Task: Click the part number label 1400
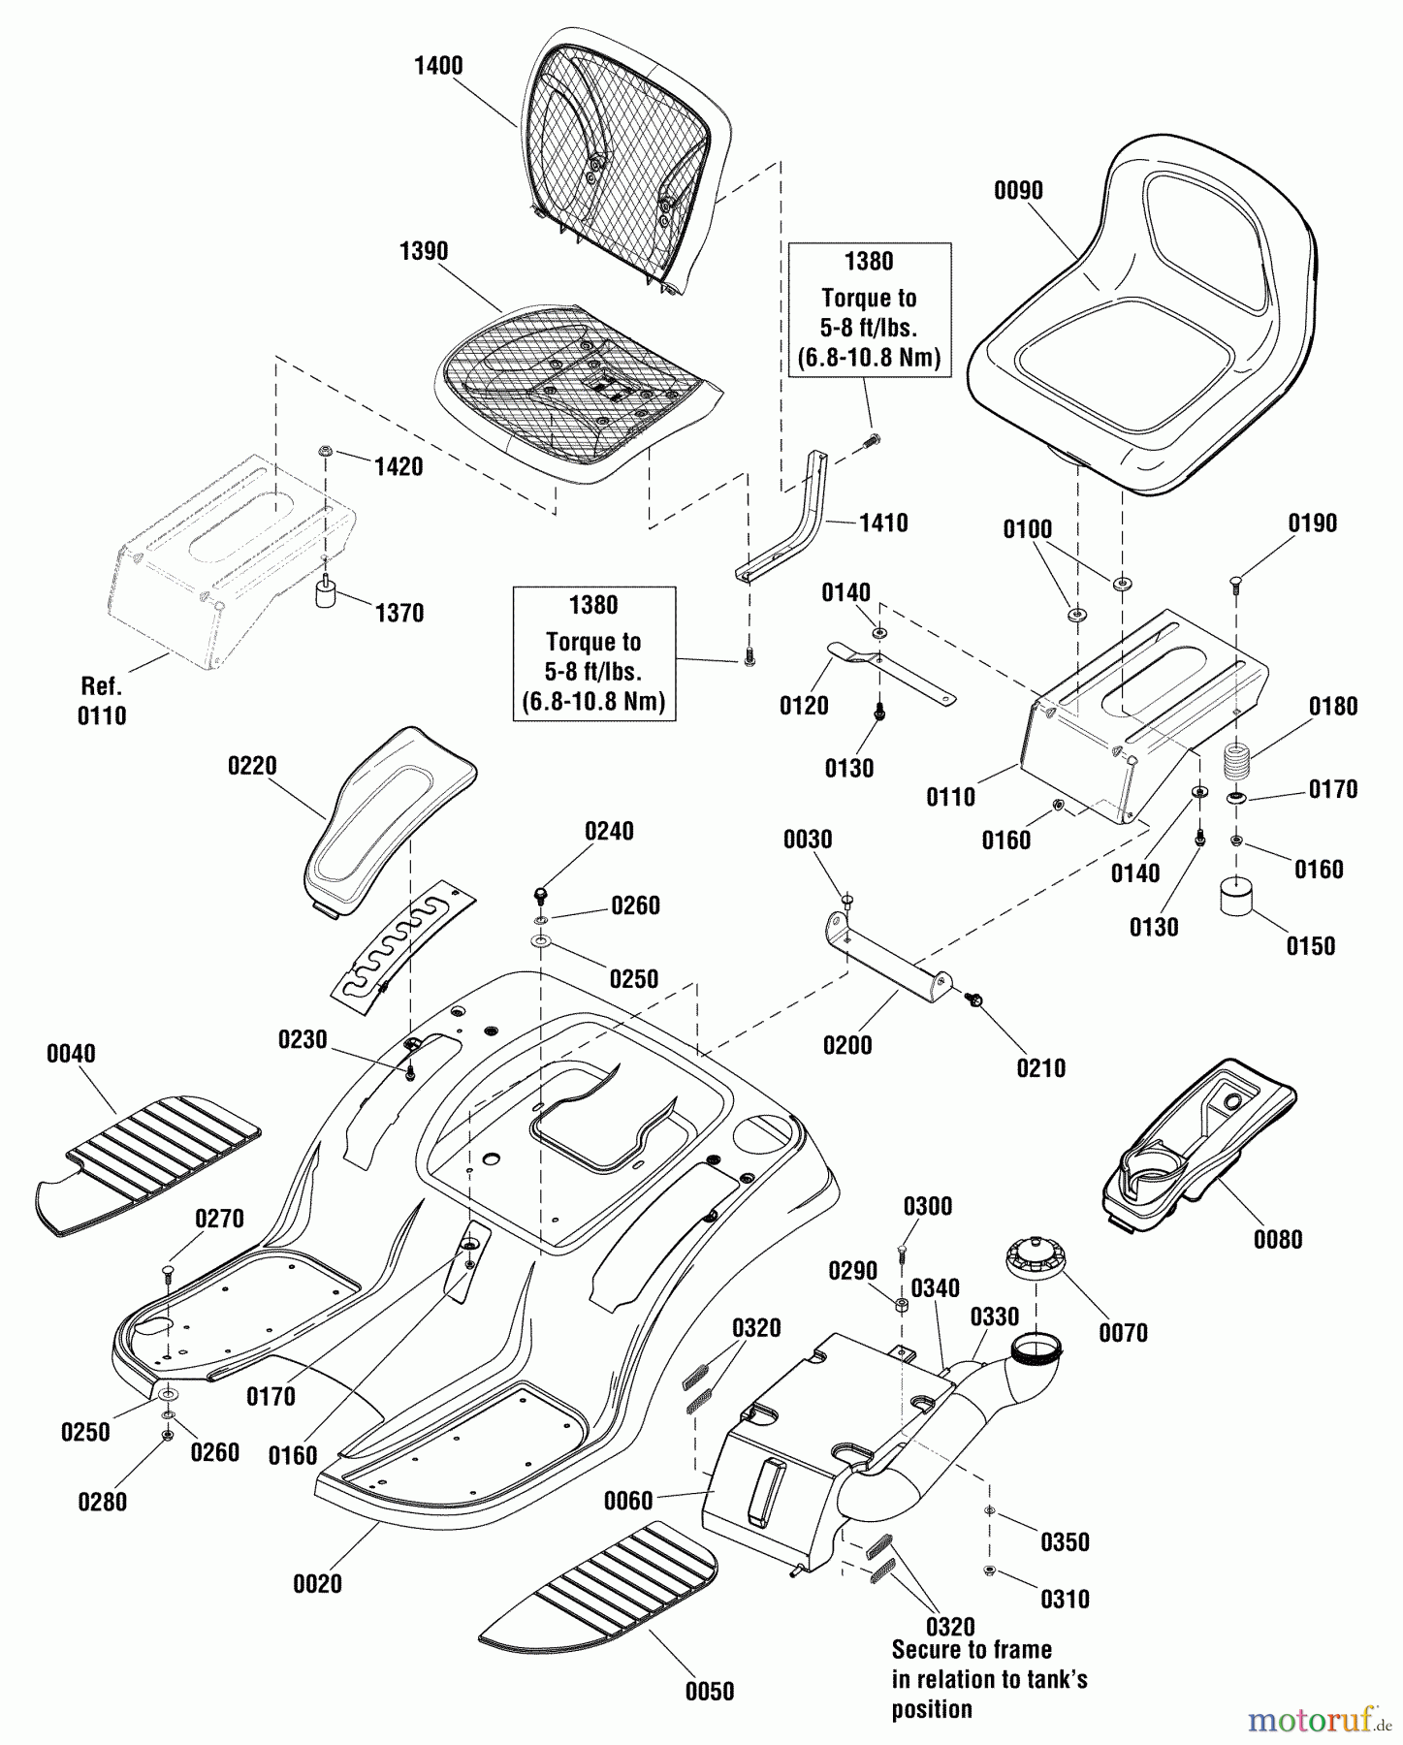coord(438,66)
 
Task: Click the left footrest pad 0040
coord(145,1163)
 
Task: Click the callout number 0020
coord(318,1583)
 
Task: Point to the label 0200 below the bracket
coord(847,1045)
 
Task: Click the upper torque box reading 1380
coord(869,308)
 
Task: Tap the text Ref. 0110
coord(102,701)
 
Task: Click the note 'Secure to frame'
coord(972,1649)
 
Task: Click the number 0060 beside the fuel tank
coord(628,1501)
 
